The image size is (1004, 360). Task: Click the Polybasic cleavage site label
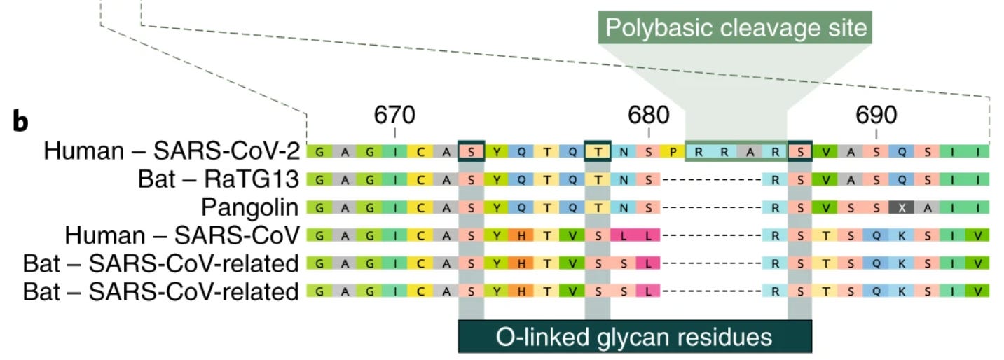[x=735, y=29]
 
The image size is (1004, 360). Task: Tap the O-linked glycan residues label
[x=634, y=337]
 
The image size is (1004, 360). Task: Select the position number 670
[x=394, y=115]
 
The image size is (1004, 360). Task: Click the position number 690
[x=876, y=115]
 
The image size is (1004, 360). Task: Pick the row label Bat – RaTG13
[x=219, y=179]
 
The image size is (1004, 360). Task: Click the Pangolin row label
[x=250, y=207]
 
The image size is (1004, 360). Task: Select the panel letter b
[x=21, y=122]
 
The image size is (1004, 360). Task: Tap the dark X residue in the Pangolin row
[x=902, y=207]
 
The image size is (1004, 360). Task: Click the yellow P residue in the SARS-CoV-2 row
[x=674, y=151]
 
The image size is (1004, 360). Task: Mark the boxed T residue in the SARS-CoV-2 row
[x=598, y=151]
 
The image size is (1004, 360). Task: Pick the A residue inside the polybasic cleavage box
[x=750, y=151]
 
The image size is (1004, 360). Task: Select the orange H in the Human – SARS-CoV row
[x=521, y=235]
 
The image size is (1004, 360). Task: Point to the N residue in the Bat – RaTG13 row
[x=623, y=179]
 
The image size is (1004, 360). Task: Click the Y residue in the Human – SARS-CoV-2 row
[x=497, y=151]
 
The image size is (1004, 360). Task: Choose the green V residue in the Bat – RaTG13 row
[x=826, y=179]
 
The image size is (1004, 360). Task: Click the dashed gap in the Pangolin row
[x=711, y=207]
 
